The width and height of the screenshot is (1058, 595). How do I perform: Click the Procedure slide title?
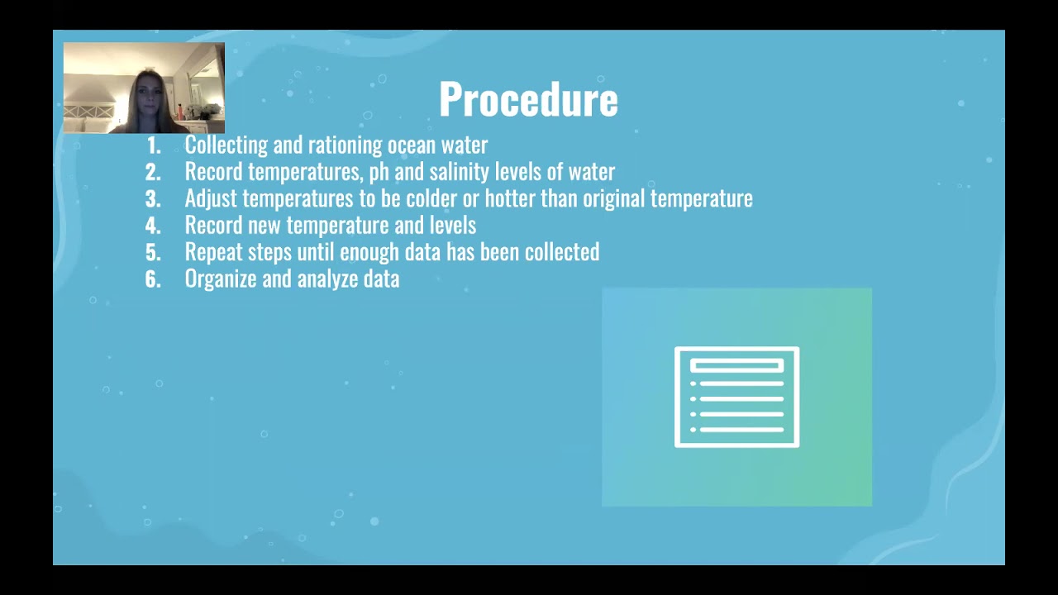(528, 99)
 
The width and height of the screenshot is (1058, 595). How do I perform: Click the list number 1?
(154, 145)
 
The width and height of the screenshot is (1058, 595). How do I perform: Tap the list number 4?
(153, 225)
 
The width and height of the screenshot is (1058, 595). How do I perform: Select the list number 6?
(153, 278)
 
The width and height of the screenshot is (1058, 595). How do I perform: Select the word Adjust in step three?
(211, 199)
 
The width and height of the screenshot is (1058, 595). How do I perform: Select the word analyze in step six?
(327, 279)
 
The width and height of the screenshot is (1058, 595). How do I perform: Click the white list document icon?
(736, 397)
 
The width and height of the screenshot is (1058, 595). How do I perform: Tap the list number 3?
(153, 198)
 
